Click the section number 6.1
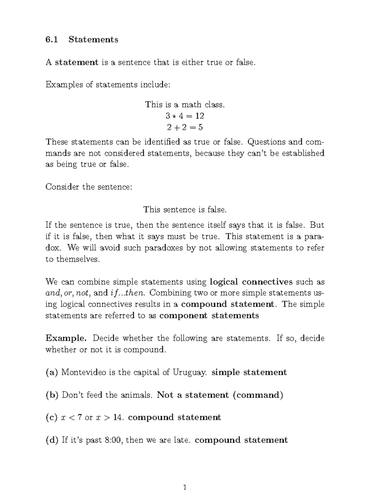pyautogui.click(x=51, y=40)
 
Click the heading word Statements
pyautogui.click(x=93, y=40)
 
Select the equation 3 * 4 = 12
pyautogui.click(x=185, y=116)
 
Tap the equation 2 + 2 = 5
pyautogui.click(x=185, y=127)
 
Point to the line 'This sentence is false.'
pyautogui.click(x=185, y=210)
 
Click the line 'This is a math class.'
pyautogui.click(x=185, y=105)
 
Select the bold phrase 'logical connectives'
pyautogui.click(x=251, y=282)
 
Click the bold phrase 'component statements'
pyautogui.click(x=209, y=316)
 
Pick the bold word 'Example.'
pyautogui.click(x=66, y=338)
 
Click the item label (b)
pyautogui.click(x=52, y=395)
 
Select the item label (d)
pyautogui.click(x=52, y=440)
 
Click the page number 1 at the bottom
pyautogui.click(x=185, y=488)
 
